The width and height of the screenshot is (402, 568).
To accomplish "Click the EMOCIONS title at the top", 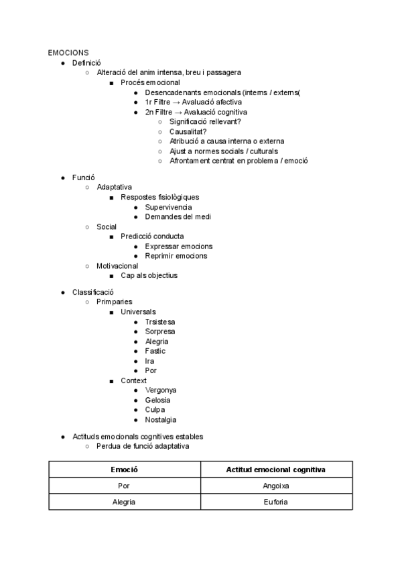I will (x=68, y=52).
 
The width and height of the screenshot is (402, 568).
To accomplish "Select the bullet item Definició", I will (x=86, y=62).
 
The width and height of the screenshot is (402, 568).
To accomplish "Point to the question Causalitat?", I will (x=188, y=131).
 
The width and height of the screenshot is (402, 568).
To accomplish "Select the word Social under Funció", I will (x=107, y=226).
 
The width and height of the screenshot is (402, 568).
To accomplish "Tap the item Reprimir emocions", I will (x=176, y=256).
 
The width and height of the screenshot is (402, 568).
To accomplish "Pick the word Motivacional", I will (x=117, y=265).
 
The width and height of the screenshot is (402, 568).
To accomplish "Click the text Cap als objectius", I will (x=149, y=275).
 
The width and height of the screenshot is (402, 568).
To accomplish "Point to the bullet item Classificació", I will (x=93, y=292).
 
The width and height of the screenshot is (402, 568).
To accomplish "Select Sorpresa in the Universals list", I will (x=160, y=332).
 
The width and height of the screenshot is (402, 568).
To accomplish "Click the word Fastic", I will (x=155, y=351).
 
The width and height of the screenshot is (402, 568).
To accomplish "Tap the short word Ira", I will (x=149, y=361).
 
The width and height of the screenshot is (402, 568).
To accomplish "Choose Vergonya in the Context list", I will (x=161, y=390).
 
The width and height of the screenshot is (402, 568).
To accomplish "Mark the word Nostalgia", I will (x=161, y=419).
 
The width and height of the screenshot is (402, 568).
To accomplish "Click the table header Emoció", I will (x=125, y=470).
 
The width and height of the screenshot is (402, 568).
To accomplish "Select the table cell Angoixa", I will (x=276, y=486).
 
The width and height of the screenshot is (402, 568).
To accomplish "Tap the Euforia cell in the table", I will (x=276, y=502).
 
